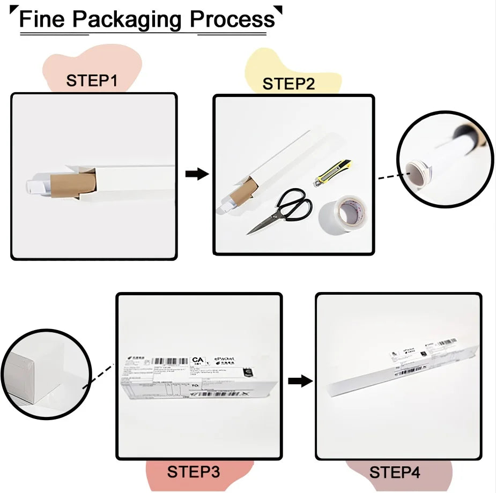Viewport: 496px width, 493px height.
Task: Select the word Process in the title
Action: coord(232,20)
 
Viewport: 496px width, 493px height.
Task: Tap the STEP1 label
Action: coord(92,81)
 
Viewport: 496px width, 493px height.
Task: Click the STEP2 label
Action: coord(289,84)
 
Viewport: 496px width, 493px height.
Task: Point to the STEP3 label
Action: coord(193,472)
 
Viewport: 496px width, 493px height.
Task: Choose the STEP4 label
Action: coord(395,473)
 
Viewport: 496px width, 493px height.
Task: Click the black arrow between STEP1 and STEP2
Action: coord(197,174)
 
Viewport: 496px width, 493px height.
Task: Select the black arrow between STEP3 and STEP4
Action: coord(300,381)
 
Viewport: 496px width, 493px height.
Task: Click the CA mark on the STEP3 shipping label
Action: coord(198,361)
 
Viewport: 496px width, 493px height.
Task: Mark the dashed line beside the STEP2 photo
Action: coord(388,177)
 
